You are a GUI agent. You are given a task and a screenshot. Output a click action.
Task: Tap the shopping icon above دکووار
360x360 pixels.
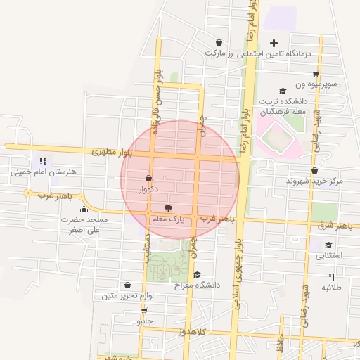(x=148, y=179)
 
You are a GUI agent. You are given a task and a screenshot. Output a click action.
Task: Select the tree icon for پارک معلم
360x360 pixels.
(x=167, y=208)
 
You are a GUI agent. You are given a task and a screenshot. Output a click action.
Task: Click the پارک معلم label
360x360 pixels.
(x=168, y=220)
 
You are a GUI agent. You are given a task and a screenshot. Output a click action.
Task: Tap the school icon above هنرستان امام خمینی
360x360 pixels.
(x=43, y=160)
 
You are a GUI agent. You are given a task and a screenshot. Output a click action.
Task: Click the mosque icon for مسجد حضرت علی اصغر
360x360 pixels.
(x=84, y=209)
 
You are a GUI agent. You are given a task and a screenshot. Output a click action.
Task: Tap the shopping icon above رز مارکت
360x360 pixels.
(x=219, y=42)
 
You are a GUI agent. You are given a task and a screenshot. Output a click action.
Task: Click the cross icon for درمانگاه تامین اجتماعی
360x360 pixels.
(x=274, y=43)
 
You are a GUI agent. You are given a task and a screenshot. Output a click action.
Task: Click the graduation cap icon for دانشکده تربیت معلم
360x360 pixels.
(x=283, y=91)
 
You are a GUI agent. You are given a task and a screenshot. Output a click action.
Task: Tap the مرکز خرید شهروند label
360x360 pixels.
(x=314, y=181)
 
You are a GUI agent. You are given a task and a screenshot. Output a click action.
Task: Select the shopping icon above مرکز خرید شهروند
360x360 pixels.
(x=314, y=170)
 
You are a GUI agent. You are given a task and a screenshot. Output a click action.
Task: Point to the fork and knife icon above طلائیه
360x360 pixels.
(x=331, y=277)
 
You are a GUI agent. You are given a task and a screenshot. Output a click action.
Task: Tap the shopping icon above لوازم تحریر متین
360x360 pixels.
(x=127, y=285)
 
